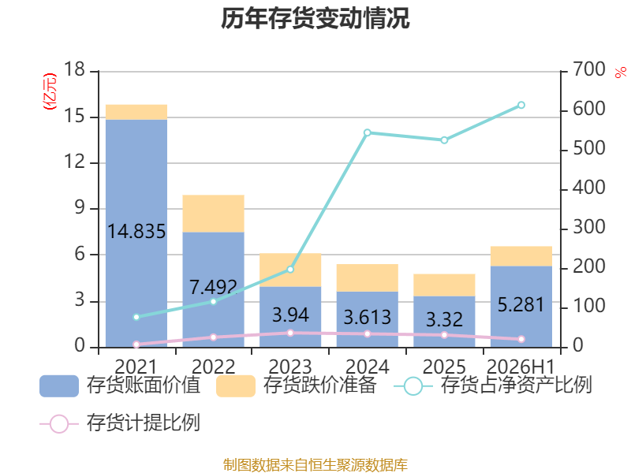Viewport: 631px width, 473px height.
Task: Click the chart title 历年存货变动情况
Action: click(x=315, y=18)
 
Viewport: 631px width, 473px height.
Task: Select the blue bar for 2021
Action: click(x=136, y=233)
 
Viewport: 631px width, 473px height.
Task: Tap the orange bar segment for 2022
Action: click(x=213, y=214)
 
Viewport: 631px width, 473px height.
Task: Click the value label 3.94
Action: click(x=290, y=315)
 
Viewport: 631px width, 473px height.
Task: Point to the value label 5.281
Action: click(x=521, y=304)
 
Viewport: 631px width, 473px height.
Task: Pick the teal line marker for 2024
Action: click(x=367, y=132)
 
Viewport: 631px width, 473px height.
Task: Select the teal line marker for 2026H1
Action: click(x=521, y=105)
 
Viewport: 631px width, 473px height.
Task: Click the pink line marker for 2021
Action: click(x=136, y=345)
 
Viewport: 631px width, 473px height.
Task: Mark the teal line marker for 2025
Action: click(x=444, y=140)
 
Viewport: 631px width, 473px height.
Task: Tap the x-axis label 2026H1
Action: click(x=521, y=367)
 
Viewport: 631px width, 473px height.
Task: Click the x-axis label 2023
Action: click(x=290, y=367)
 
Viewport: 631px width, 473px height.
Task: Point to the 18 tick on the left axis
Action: click(x=74, y=69)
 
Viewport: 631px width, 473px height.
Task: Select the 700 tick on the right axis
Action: click(x=589, y=69)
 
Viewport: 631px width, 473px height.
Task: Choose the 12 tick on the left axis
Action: click(x=74, y=162)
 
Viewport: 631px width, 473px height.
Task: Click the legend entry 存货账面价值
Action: click(x=120, y=385)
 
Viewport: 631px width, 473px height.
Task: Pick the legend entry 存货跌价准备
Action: click(x=297, y=385)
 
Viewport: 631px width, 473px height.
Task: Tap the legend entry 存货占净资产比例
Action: click(x=493, y=385)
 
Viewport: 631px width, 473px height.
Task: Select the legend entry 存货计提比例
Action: click(x=120, y=423)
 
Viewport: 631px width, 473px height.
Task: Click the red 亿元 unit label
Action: click(x=50, y=91)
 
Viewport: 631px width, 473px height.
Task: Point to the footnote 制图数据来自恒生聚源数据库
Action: click(x=315, y=465)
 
